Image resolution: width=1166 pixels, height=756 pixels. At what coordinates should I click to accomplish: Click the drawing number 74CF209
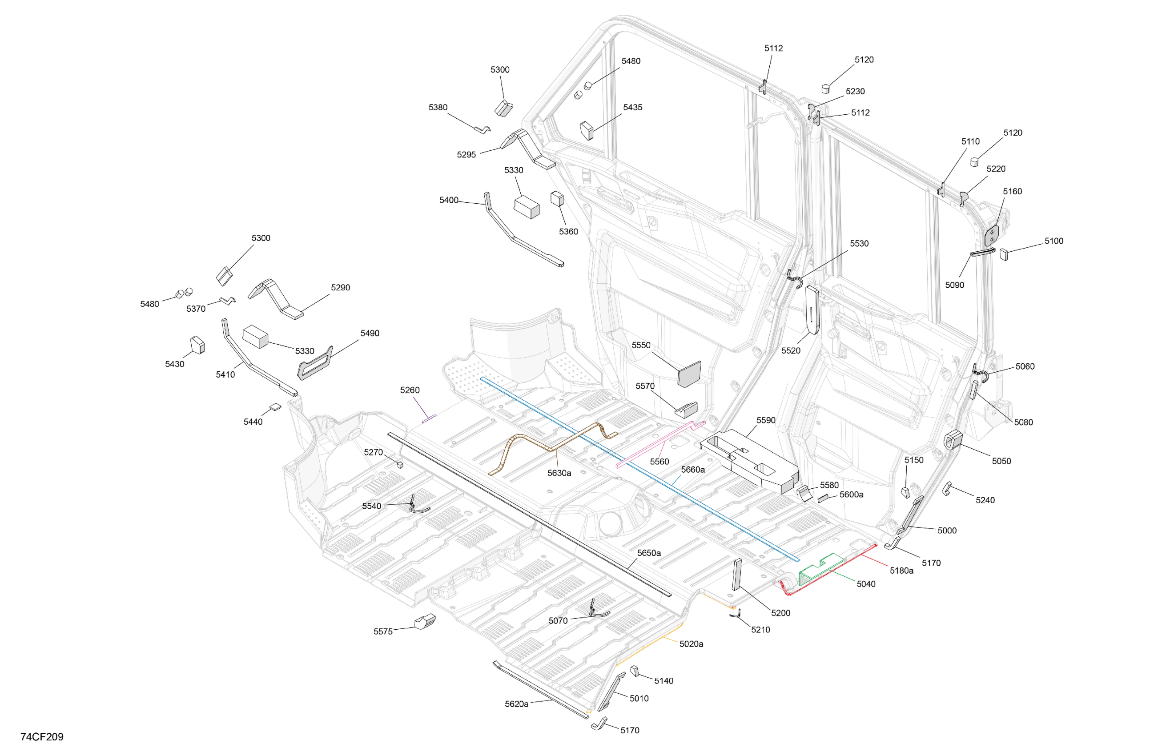[x=42, y=736]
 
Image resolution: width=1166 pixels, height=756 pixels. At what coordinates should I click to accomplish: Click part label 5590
[x=766, y=420]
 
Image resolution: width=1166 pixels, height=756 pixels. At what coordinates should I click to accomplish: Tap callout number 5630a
[x=559, y=473]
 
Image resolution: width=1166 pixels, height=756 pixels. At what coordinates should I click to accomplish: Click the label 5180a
[x=901, y=570]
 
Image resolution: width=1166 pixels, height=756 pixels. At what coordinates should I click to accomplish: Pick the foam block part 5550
[x=689, y=374]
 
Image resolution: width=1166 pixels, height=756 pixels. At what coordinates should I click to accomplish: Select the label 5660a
[x=693, y=469]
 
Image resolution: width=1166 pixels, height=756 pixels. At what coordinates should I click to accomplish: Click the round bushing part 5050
[x=953, y=439]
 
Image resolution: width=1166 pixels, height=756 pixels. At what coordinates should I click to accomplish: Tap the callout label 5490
[x=370, y=333]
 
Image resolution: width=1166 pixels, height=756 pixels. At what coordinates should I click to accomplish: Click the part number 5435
[x=632, y=107]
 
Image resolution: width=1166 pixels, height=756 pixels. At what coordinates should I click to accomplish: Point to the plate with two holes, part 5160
[x=992, y=235]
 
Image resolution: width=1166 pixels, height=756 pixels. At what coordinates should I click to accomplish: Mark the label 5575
[x=383, y=631]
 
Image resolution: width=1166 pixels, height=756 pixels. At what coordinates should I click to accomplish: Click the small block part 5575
[x=425, y=621]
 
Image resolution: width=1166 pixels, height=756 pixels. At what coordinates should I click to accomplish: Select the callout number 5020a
[x=691, y=644]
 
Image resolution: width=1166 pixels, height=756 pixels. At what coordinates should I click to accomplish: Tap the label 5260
[x=410, y=390]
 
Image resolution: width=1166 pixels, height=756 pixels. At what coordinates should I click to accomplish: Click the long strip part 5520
[x=812, y=310]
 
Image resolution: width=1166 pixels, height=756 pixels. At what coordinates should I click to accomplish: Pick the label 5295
[x=466, y=154]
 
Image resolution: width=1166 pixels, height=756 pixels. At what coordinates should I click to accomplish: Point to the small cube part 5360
[x=557, y=198]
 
